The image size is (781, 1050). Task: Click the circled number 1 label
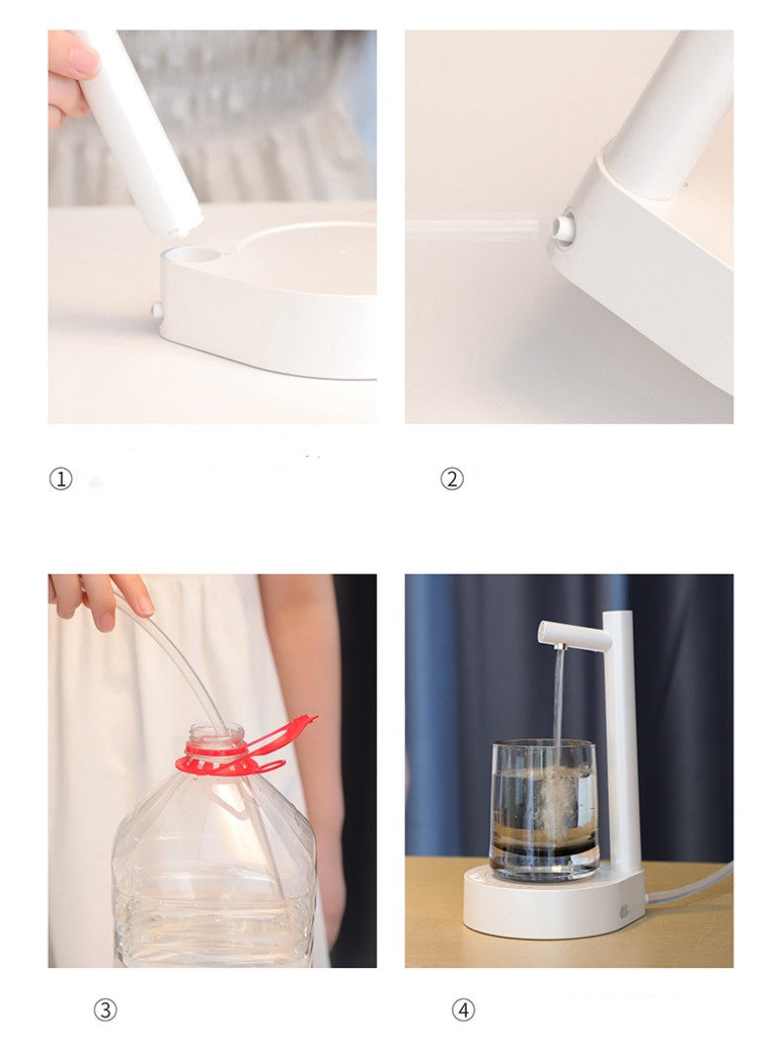click(x=61, y=479)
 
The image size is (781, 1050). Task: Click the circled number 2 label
click(x=451, y=479)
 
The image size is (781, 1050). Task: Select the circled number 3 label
click(x=104, y=1010)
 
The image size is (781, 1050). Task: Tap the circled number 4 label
click(x=463, y=1010)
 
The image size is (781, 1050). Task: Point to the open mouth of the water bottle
click(x=217, y=729)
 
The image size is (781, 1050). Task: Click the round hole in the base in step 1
click(x=193, y=255)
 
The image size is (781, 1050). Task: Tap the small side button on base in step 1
click(x=156, y=310)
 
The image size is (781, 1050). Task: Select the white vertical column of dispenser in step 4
click(x=621, y=742)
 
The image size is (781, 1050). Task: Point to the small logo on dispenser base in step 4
click(x=624, y=911)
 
